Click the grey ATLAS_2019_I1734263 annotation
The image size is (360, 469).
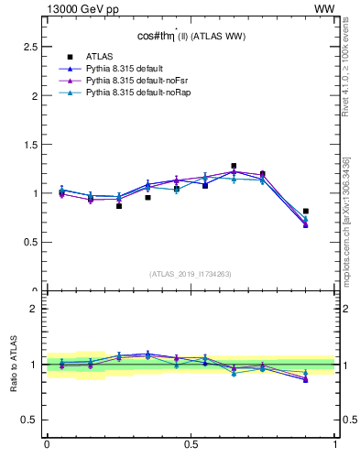click(191, 273)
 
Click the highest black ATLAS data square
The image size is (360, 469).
click(234, 166)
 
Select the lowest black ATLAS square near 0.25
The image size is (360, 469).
click(119, 206)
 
